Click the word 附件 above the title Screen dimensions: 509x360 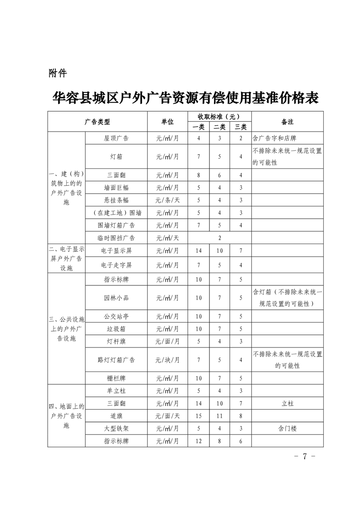pos(58,73)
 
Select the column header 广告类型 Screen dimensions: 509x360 pos(97,122)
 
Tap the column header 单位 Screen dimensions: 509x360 pos(167,122)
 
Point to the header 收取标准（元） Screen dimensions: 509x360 pos(219,117)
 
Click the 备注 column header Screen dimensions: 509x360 pos(287,122)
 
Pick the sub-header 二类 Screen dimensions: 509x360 pos(220,127)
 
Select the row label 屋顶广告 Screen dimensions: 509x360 pos(116,138)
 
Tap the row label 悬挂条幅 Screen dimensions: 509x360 pos(116,200)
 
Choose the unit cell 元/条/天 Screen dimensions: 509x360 pos(167,200)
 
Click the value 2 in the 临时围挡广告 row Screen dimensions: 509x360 pos(219,237)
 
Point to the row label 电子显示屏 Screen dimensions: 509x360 pos(116,250)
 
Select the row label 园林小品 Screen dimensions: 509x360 pos(116,298)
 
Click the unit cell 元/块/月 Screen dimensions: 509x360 pos(167,360)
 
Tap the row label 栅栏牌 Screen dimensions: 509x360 pos(116,378)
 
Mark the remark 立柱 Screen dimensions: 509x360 pos(287,403)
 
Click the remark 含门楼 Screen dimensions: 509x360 pos(287,428)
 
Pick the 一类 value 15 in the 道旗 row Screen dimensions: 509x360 pos(199,416)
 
